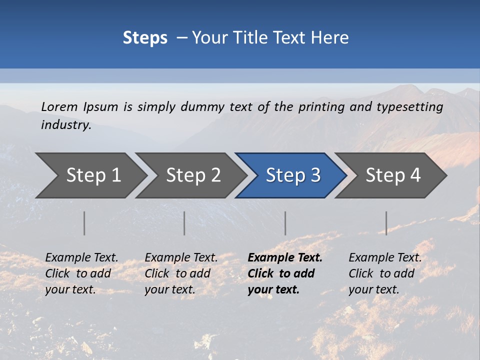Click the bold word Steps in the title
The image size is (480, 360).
point(145,38)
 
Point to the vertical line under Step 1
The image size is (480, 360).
point(84,223)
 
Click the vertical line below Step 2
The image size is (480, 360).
point(184,223)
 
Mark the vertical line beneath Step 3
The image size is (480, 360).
point(285,223)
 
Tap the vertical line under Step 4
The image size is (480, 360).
point(386,223)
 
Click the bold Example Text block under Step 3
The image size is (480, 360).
point(284,273)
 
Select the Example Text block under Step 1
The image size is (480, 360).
point(81,273)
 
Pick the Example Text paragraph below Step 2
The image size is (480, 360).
point(181,273)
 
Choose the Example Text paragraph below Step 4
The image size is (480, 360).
point(385,273)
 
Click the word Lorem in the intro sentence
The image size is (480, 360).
point(59,106)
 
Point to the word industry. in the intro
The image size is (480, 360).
point(66,125)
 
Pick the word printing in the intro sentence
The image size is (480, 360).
point(321,106)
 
